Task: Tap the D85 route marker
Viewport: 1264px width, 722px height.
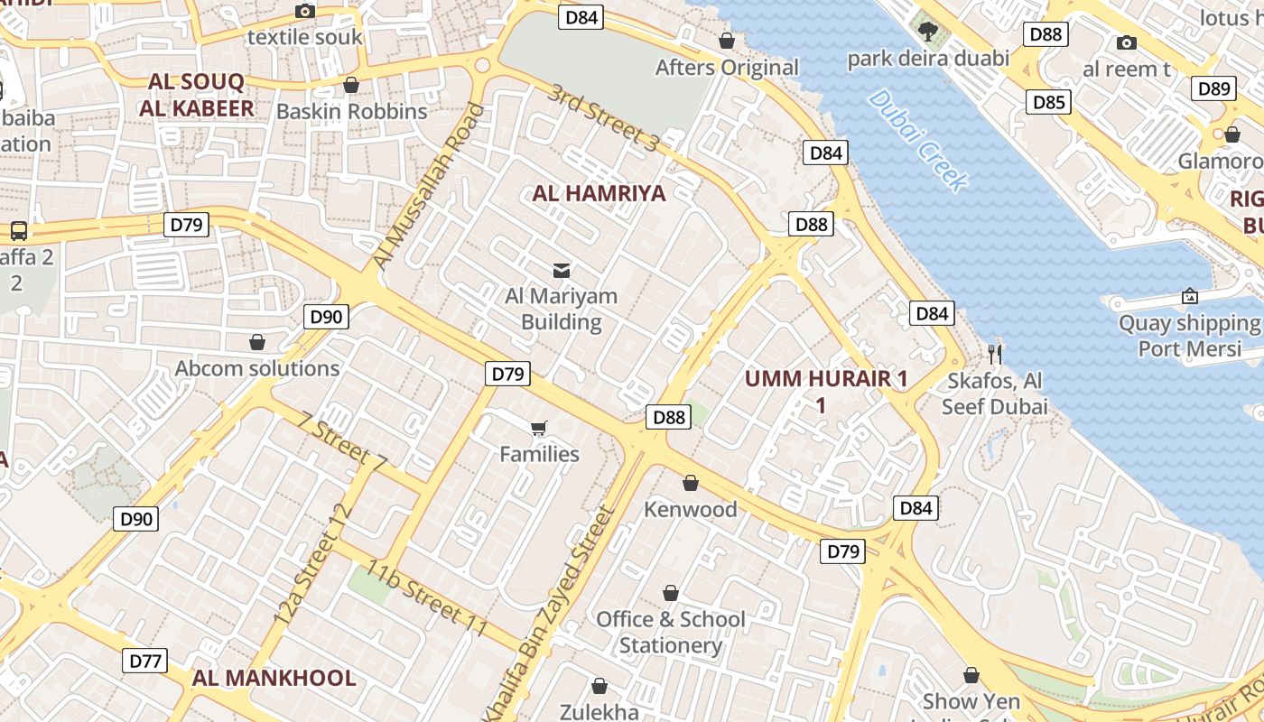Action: point(1048,102)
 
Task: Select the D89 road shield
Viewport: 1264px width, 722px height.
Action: point(1213,88)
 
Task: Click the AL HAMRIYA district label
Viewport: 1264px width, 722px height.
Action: point(599,193)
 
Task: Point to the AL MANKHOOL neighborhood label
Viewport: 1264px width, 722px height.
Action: point(274,679)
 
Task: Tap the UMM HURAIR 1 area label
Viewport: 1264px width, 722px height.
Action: point(825,379)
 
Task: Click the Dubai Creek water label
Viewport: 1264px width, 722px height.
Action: point(917,139)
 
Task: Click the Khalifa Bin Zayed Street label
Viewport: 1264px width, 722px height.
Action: point(552,607)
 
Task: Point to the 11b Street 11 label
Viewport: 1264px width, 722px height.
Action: point(426,598)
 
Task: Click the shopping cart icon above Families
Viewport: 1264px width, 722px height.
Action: point(539,428)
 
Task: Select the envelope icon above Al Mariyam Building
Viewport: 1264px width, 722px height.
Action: point(562,270)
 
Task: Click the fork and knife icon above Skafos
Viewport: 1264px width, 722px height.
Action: point(995,353)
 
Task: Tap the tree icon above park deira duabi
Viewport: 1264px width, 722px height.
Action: point(927,32)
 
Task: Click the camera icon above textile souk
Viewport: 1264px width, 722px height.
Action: point(305,12)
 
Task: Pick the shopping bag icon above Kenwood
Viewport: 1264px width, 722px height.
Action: point(691,483)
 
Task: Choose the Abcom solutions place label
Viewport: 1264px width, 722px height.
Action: point(257,368)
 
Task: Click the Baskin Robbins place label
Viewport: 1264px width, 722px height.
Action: point(351,111)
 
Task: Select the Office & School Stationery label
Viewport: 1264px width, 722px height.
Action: point(670,632)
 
